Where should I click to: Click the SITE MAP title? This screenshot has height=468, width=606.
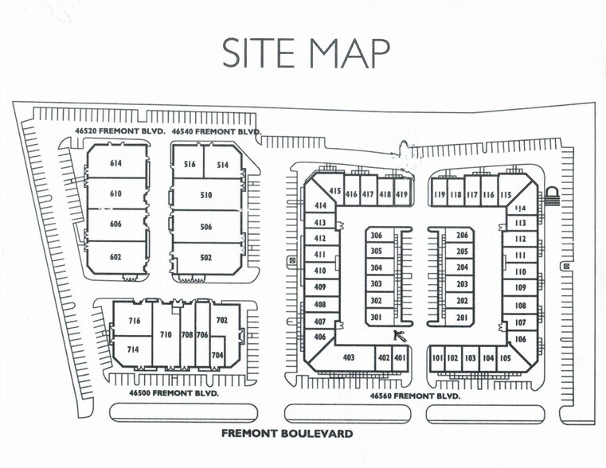pyautogui.click(x=305, y=53)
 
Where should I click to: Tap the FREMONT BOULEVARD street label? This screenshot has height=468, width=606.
pyautogui.click(x=287, y=434)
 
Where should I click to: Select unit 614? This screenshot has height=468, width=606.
pyautogui.click(x=116, y=164)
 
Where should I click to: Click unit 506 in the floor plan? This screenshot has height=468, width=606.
pyautogui.click(x=206, y=227)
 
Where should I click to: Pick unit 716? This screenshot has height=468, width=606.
pyautogui.click(x=134, y=321)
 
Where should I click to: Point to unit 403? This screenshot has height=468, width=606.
pyautogui.click(x=348, y=358)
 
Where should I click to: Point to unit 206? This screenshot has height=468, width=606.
pyautogui.click(x=462, y=236)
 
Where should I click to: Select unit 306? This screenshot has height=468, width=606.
pyautogui.click(x=377, y=236)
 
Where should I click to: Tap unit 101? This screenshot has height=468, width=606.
pyautogui.click(x=437, y=358)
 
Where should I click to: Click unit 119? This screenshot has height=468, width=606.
pyautogui.click(x=440, y=194)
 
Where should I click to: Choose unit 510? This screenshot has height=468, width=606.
pyautogui.click(x=206, y=195)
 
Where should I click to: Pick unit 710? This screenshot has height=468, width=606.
pyautogui.click(x=167, y=335)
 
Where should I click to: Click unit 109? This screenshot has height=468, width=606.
pyautogui.click(x=521, y=287)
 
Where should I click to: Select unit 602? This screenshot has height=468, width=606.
pyautogui.click(x=116, y=257)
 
